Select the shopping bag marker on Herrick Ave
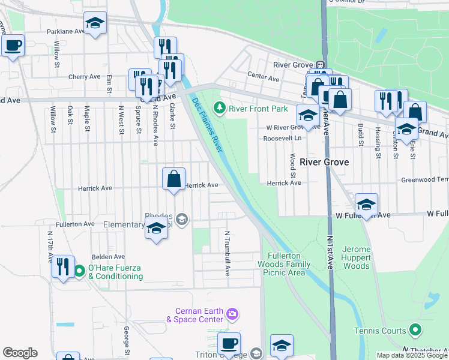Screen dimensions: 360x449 pos(173,179)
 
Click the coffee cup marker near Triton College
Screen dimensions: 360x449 pos(229,344)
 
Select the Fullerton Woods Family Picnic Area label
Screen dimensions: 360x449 pos(283,263)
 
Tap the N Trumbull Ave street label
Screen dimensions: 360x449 pos(228,253)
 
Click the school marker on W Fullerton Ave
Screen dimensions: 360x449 pos(366,205)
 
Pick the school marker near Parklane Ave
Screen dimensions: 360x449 pos(95,23)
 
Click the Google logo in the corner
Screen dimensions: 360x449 pos(20,352)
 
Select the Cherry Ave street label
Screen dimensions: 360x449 pos(84,77)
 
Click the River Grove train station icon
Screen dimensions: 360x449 pos(321,65)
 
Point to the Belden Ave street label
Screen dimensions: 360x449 pos(107,257)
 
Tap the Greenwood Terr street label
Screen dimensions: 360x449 pos(425,179)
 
